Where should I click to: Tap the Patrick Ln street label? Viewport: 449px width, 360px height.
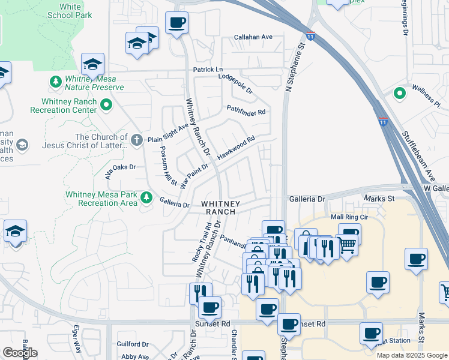[208, 70]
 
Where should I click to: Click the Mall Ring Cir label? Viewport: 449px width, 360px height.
[349, 217]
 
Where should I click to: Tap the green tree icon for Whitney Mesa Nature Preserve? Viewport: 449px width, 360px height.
[56, 81]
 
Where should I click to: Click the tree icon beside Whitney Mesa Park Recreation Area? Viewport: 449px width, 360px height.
[146, 197]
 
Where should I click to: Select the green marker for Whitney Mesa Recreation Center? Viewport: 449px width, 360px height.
[106, 106]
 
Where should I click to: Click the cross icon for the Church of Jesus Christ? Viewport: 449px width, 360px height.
[137, 140]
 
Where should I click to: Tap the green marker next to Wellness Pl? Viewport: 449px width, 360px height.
[398, 94]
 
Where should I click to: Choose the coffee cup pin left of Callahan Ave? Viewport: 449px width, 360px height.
[176, 23]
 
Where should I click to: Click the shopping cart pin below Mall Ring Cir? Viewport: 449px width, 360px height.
[348, 244]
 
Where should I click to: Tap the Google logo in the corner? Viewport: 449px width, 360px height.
[20, 353]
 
